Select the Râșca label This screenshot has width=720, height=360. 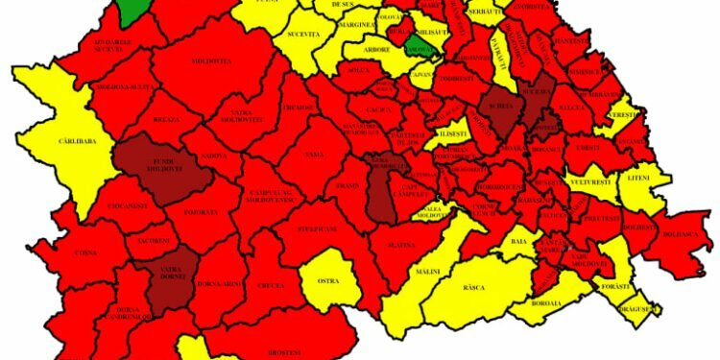click(473, 287)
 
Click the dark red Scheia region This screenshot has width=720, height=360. click(501, 112)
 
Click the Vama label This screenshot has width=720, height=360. click(314, 154)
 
